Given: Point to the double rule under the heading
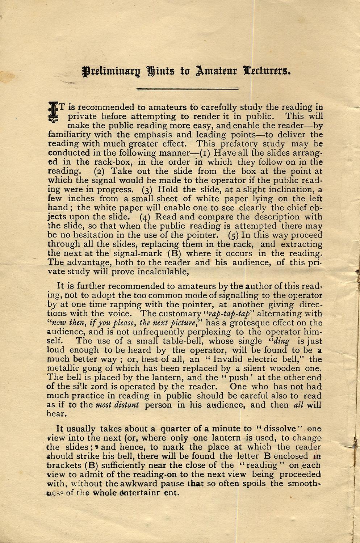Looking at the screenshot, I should point(187,88).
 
